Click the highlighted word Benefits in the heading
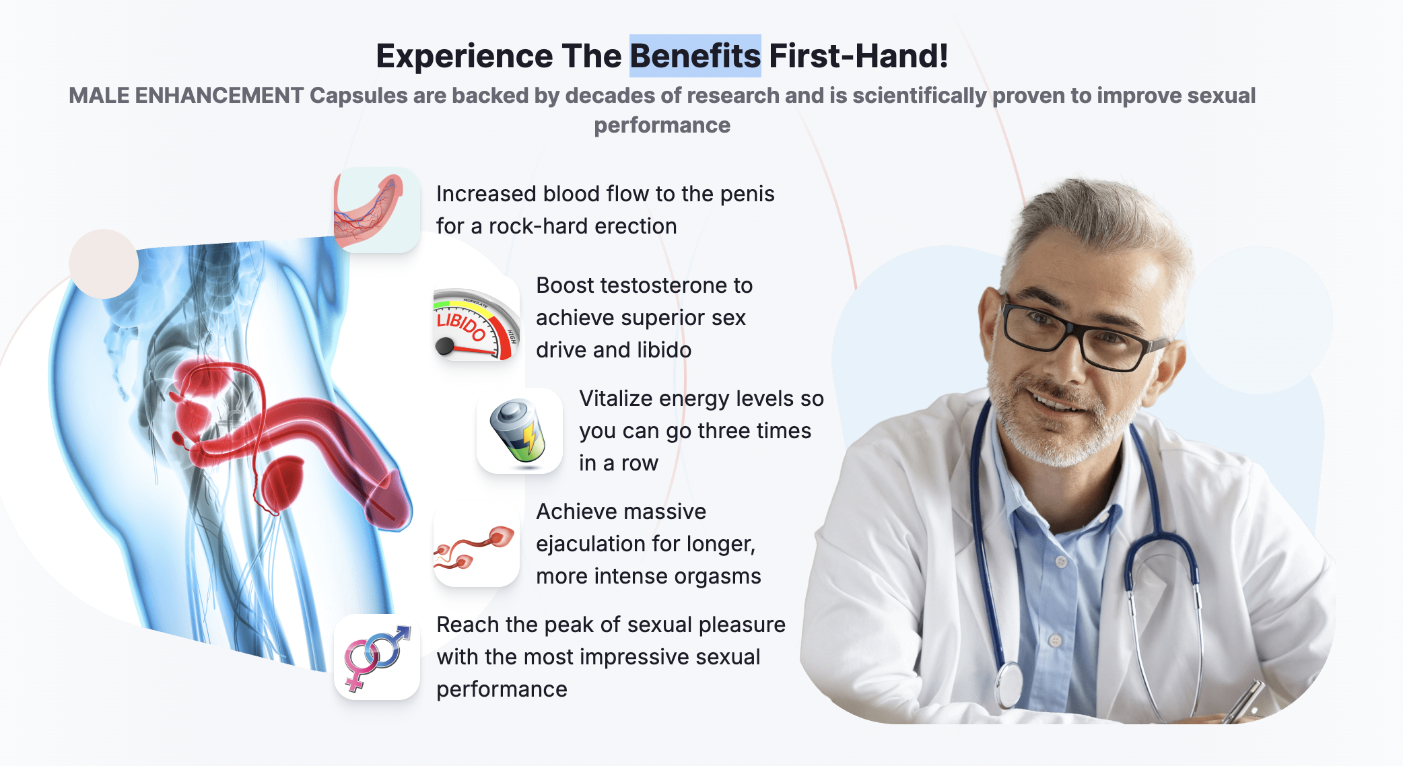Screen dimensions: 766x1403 (x=695, y=56)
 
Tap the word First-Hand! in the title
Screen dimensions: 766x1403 (x=858, y=56)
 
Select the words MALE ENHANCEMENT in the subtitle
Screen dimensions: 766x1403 (x=186, y=96)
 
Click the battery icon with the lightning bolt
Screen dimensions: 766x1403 (x=519, y=431)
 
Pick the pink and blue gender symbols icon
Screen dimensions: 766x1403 (x=376, y=657)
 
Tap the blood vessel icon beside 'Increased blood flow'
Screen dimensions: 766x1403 (x=376, y=210)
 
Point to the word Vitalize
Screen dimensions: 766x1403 (x=616, y=398)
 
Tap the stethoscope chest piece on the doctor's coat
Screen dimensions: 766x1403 (x=1009, y=687)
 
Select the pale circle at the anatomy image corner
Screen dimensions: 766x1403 (x=104, y=264)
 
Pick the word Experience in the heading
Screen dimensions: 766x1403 (x=465, y=56)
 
